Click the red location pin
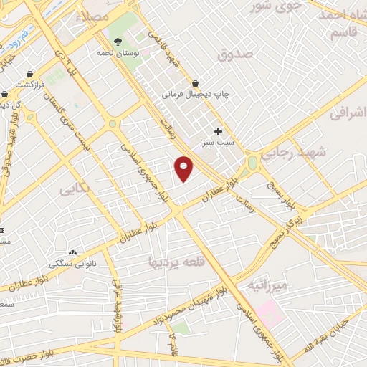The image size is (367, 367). pos(184,168)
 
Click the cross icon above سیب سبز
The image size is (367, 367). pos(218,131)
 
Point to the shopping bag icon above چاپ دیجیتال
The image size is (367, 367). pos(195,82)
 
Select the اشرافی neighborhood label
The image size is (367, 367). pos(348,113)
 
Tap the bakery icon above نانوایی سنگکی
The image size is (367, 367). pos(72,252)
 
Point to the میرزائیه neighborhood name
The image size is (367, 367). pos(267,286)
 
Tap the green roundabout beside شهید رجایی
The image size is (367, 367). pos(252,163)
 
